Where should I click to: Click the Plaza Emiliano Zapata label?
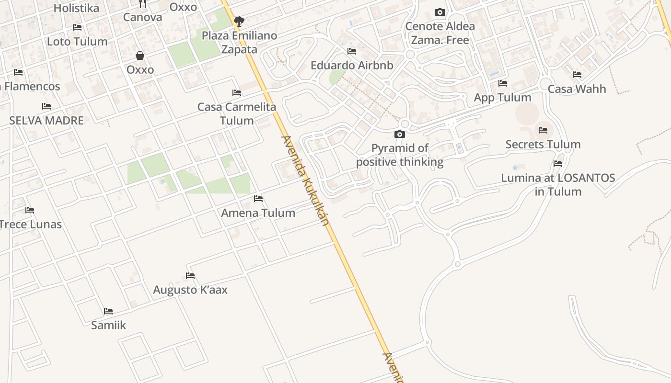[x=239, y=42]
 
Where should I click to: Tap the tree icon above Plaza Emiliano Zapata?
[x=239, y=22]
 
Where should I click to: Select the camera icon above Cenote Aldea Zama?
[x=440, y=12]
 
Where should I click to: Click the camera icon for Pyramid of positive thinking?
[x=399, y=135]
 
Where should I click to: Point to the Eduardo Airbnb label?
[x=352, y=65]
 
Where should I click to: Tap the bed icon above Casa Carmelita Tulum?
[x=236, y=93]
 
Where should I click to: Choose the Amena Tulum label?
[x=258, y=213]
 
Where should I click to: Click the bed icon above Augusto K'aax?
[x=190, y=276]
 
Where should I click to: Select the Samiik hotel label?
[x=109, y=325]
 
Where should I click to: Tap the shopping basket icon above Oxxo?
[x=140, y=56]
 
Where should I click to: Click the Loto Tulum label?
[x=77, y=42]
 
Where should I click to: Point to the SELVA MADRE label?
[x=46, y=120]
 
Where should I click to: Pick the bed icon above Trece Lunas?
[x=30, y=210]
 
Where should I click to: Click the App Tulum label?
[x=502, y=97]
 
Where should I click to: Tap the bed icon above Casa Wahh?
[x=577, y=75]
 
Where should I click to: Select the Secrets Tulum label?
[x=543, y=144]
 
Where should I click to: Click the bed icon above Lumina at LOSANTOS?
[x=557, y=164]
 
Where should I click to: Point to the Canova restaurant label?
[x=142, y=17]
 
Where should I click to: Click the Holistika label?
[x=76, y=8]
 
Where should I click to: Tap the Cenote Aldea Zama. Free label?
[x=440, y=33]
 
